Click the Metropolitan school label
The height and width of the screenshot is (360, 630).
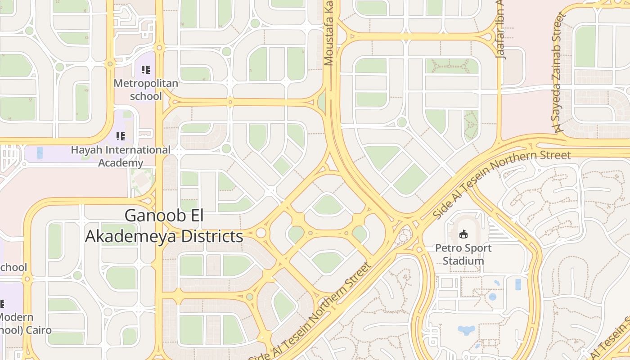pos(146,90)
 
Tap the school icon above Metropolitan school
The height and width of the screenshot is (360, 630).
pos(146,70)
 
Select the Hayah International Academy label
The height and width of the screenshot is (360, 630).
pos(121,156)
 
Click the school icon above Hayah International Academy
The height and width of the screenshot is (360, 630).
pos(121,136)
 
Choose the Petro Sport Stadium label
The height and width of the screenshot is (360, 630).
pos(463,254)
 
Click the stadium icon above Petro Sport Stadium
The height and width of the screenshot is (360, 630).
pos(463,234)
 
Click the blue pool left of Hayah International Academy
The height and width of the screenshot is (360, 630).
pos(40,153)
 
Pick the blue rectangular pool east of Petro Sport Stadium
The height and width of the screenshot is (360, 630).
pos(518,284)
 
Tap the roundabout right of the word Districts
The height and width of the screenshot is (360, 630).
pos(261,233)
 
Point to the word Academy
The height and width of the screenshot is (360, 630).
pos(121,163)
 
